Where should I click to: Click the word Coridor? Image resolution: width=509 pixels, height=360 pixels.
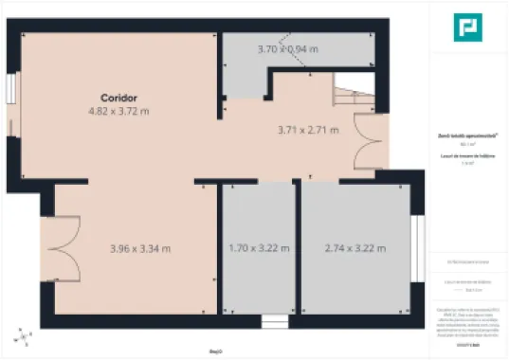click(119, 98)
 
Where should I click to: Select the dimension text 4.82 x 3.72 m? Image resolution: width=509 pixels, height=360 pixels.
click(119, 111)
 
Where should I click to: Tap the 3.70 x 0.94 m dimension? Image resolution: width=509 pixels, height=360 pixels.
click(288, 48)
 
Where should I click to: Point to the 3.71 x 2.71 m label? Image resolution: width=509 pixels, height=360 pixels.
click(308, 130)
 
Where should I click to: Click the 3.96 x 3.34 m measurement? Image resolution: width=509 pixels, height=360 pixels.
click(140, 249)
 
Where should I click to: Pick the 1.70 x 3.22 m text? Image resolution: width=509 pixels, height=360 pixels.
click(259, 249)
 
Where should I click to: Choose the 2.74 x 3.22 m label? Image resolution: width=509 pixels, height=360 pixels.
click(355, 249)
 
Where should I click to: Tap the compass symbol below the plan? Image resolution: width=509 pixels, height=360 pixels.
click(20, 335)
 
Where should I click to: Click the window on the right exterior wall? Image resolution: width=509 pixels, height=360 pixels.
click(415, 247)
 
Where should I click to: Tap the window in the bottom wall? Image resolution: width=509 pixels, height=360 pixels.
click(274, 319)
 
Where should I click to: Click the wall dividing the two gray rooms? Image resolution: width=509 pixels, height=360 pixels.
click(299, 248)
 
